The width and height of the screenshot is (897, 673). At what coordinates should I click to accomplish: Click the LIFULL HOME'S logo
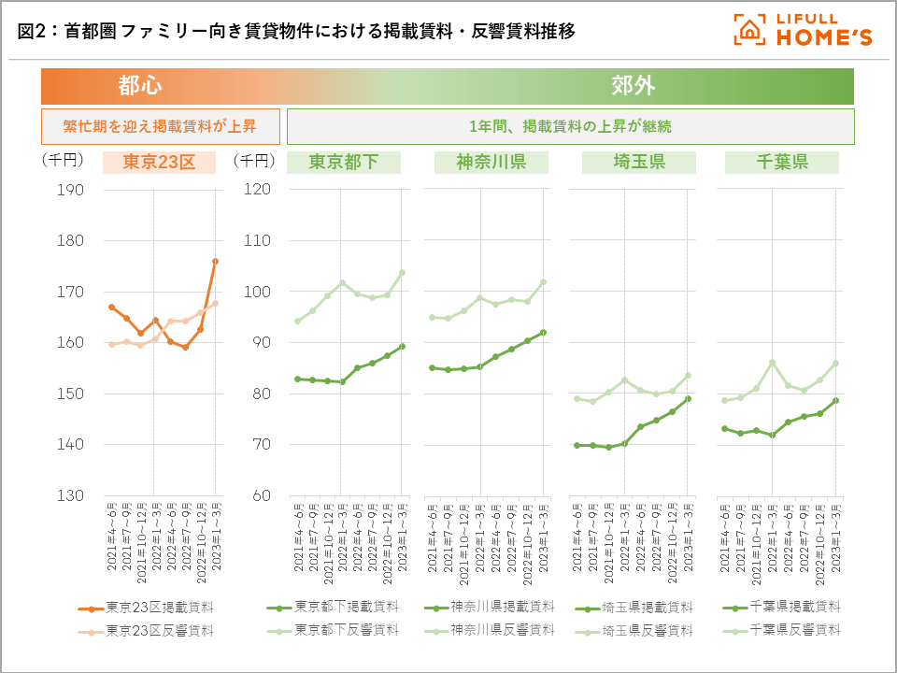[x=803, y=30]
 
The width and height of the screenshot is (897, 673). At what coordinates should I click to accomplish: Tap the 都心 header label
[x=140, y=86]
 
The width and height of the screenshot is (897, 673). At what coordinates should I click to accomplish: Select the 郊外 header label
[x=633, y=86]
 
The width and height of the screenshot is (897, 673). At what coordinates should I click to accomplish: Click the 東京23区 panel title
[x=159, y=162]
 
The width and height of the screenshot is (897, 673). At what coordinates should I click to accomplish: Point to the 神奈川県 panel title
[x=491, y=162]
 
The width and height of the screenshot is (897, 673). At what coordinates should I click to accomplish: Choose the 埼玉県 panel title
[x=638, y=162]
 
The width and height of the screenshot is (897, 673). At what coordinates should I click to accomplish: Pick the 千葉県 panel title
[x=781, y=162]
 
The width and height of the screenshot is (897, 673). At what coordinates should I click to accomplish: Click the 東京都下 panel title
[x=343, y=162]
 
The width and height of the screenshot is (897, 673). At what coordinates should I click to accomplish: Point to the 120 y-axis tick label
[x=257, y=190]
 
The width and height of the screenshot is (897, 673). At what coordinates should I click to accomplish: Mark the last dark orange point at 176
[x=215, y=262]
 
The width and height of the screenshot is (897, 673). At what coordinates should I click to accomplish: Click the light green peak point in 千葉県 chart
[x=773, y=363]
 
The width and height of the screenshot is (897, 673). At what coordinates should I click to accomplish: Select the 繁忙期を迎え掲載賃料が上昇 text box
[x=160, y=126]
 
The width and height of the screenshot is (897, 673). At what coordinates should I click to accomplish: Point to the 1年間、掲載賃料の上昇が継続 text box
[x=570, y=126]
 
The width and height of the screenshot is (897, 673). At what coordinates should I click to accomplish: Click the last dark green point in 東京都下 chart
[x=402, y=346]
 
